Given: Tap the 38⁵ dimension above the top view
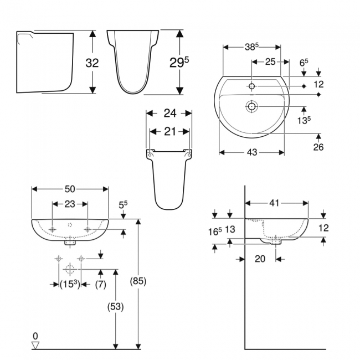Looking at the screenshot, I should (254, 48).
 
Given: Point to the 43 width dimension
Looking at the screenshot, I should (252, 153).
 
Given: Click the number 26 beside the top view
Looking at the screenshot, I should (318, 147).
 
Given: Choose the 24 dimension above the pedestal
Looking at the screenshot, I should (169, 113).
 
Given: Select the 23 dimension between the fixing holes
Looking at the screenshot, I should (70, 204).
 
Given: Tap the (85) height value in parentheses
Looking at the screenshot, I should (138, 281).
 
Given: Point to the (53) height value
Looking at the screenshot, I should (115, 306).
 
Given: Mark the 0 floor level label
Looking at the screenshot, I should (35, 336).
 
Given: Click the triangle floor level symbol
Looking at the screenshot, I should (36, 345).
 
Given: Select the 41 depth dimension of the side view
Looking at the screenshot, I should (275, 203).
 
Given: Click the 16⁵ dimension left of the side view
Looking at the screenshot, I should (215, 233).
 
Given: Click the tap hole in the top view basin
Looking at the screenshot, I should (251, 86).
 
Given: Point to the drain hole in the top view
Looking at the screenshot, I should (251, 105).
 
